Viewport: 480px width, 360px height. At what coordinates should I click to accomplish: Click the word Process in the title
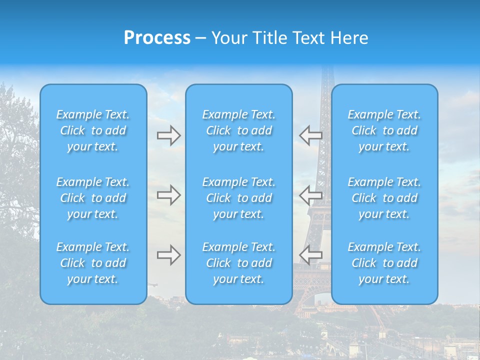(x=157, y=38)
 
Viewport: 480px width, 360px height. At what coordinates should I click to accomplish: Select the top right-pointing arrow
(x=168, y=135)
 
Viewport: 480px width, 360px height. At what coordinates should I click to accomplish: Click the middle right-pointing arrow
(x=168, y=195)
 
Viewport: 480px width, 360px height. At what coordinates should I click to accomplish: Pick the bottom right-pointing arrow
(x=168, y=255)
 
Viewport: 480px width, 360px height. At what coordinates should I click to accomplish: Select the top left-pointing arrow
(x=310, y=135)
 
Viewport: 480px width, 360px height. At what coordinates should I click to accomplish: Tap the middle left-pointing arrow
(x=310, y=195)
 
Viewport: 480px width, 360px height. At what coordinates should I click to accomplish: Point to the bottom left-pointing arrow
(x=310, y=254)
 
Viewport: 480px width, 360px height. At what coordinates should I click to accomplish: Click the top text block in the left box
(x=93, y=130)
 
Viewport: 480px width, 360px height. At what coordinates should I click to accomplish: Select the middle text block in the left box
(x=93, y=198)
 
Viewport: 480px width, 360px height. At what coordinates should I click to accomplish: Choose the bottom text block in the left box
(x=93, y=263)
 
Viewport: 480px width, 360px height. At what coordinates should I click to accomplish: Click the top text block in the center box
(x=239, y=130)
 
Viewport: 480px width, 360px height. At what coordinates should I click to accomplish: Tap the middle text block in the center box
(x=239, y=198)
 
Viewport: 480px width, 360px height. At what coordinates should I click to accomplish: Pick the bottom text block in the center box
(x=239, y=263)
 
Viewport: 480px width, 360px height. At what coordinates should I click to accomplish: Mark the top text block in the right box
(x=384, y=130)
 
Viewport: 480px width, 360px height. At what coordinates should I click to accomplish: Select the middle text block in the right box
(x=384, y=198)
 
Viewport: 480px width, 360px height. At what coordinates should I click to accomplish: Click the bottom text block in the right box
(x=384, y=263)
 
